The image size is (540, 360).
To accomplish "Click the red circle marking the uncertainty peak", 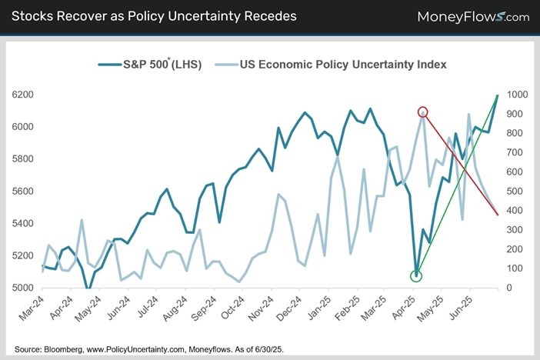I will (x=422, y=112).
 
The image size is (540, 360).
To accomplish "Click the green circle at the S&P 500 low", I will (x=416, y=275).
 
